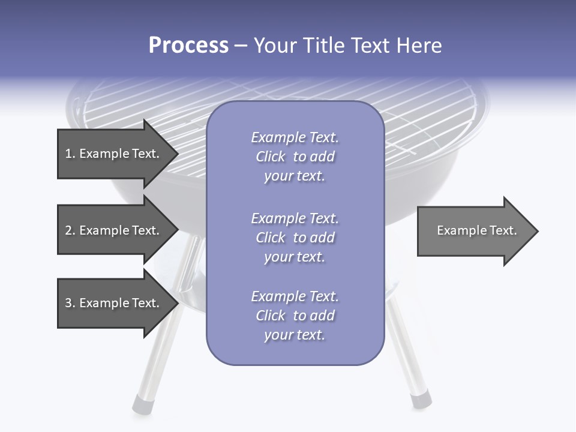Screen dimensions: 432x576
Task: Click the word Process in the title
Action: pos(188,46)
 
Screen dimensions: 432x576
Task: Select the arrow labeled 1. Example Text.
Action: pos(114,154)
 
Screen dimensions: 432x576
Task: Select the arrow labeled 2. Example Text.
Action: pos(114,230)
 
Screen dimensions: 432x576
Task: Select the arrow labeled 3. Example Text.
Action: pos(114,303)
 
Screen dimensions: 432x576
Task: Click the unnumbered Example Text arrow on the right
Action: pos(474,230)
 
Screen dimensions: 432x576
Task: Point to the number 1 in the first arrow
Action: pos(68,154)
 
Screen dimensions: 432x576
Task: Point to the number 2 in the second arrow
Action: pos(68,230)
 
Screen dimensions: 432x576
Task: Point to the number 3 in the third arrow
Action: pos(68,303)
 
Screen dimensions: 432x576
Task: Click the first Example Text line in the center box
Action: pos(295,137)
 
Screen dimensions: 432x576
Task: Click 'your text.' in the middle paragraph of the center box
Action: pos(295,257)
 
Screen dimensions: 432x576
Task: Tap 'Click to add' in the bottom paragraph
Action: pos(295,316)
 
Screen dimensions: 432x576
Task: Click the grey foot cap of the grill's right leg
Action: pos(421,400)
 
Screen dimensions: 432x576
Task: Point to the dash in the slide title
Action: pos(241,46)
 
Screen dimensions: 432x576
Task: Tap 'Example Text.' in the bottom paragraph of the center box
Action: pos(295,296)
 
